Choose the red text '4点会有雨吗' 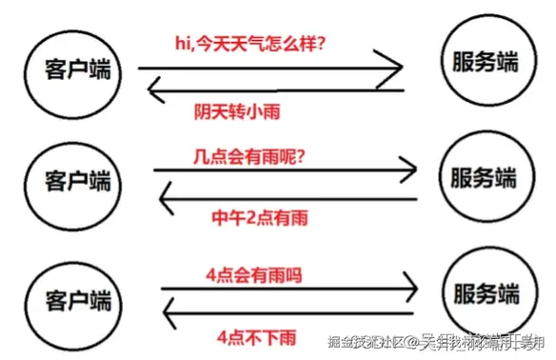(253, 276)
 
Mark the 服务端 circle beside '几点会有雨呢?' (484, 178)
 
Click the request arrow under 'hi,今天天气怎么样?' (271, 68)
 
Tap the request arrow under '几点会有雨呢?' (286, 171)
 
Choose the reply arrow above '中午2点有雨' (286, 198)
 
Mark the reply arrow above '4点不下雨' (290, 310)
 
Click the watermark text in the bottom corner (436, 342)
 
